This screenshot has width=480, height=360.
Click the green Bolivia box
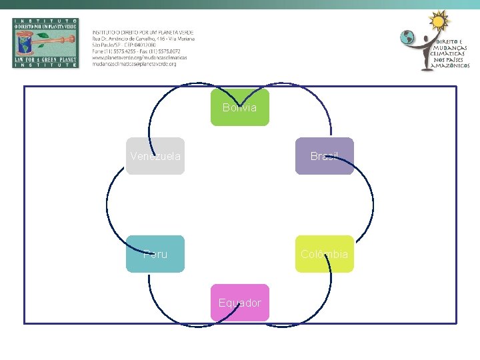240,107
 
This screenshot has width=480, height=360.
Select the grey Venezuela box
155,156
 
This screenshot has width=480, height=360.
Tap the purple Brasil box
325,156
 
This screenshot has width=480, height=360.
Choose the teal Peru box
155,254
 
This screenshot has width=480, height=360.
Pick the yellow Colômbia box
325,254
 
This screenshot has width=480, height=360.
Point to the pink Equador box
240,303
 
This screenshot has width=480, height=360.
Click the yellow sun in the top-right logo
438,22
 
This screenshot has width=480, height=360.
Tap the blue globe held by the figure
407,38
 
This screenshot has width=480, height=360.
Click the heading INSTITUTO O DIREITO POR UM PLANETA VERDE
143,32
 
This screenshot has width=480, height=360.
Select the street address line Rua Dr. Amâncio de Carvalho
143,39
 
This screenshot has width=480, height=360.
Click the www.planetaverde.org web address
139,57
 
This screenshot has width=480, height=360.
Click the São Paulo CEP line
127,45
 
